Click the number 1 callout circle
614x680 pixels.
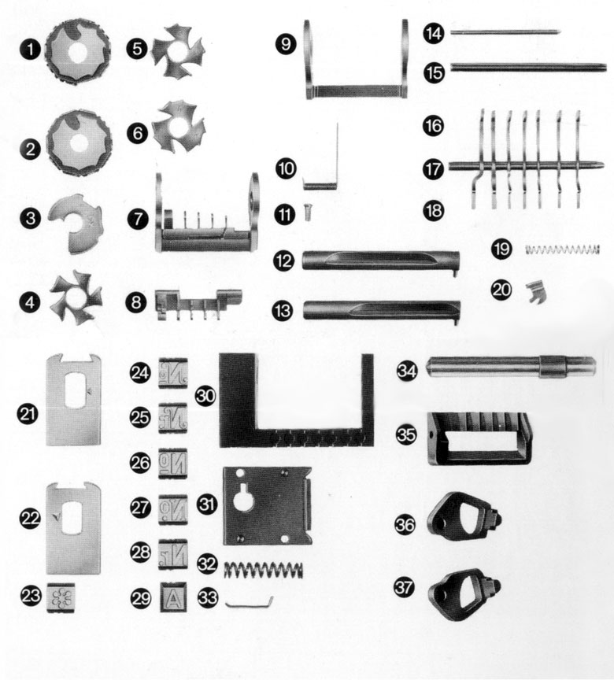coord(30,50)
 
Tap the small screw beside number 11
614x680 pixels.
coord(308,213)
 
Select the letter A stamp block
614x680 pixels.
coord(173,597)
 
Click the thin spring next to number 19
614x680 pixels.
coord(562,249)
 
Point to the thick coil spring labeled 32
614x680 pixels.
coord(264,570)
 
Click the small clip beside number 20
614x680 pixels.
coord(536,291)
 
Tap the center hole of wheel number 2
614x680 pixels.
coord(78,143)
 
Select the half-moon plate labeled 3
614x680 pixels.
coord(76,223)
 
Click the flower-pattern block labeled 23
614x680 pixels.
coord(61,597)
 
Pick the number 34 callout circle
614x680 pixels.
coord(407,371)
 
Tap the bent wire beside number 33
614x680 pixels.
coord(250,603)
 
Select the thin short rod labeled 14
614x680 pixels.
coord(505,31)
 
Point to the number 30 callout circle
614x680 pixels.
coord(205,396)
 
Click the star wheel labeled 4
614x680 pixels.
coord(76,299)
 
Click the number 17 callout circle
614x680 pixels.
coord(433,168)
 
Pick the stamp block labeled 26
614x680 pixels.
coord(173,463)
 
